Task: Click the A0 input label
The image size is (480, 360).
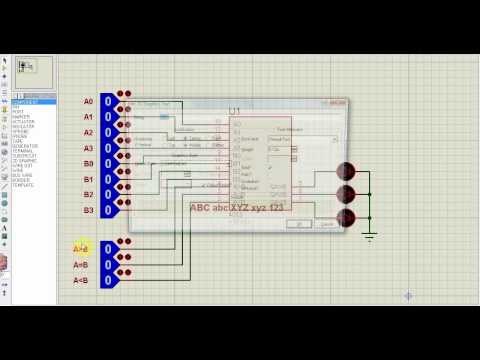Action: [x=88, y=101]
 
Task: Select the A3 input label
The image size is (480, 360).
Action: [x=88, y=148]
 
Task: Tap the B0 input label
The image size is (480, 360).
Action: [x=88, y=163]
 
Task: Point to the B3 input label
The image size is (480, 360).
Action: [x=88, y=210]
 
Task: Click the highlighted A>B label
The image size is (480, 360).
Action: [x=81, y=248]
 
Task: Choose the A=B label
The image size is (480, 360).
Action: [x=81, y=265]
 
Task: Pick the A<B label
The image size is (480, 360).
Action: [x=81, y=281]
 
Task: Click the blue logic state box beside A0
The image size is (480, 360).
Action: [x=107, y=102]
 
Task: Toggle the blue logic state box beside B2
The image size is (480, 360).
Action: [x=107, y=195]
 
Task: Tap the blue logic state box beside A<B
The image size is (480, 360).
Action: [x=107, y=281]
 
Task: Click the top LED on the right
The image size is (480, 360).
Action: [x=346, y=172]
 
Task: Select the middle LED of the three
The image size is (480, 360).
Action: [x=346, y=194]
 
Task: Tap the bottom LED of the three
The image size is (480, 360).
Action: [x=346, y=217]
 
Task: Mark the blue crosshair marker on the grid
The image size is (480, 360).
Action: [x=408, y=296]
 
